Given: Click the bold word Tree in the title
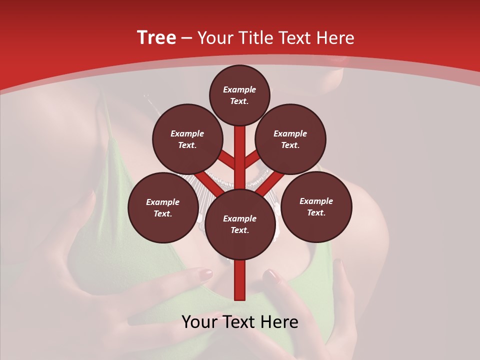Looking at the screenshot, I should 156,38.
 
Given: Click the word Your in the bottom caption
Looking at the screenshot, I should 200,322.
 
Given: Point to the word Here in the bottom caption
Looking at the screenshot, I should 279,322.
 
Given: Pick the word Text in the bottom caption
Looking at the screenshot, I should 239,322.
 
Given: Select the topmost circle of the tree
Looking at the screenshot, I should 239,95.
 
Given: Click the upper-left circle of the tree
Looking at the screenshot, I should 187,139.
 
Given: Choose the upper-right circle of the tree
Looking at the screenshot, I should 290,139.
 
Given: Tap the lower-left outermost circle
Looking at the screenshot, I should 163,207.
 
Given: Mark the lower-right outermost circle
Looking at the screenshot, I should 316,206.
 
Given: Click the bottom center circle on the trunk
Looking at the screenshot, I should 239,224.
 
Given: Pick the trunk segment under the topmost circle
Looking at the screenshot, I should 240,142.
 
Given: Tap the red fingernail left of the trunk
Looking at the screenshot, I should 205,274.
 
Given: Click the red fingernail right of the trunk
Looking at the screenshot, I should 271,274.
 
